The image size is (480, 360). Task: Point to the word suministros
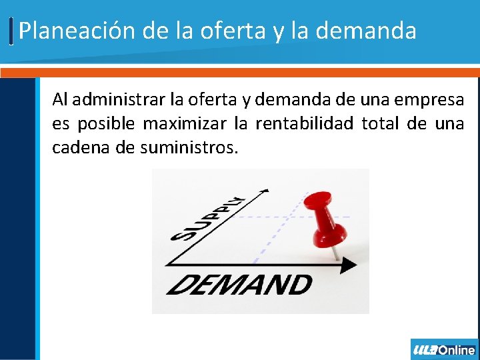[x=189, y=147]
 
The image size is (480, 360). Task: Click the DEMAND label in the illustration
[x=239, y=285]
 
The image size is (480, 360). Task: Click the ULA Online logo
[x=444, y=349]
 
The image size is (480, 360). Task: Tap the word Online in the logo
[x=457, y=349]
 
